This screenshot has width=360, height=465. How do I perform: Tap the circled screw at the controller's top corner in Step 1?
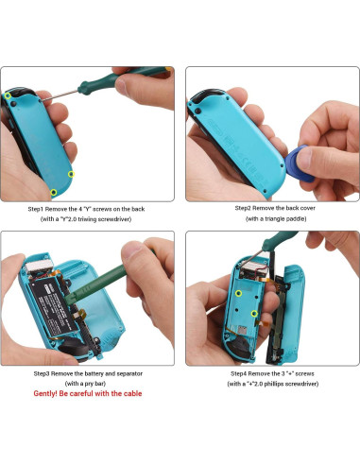point(9,95)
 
